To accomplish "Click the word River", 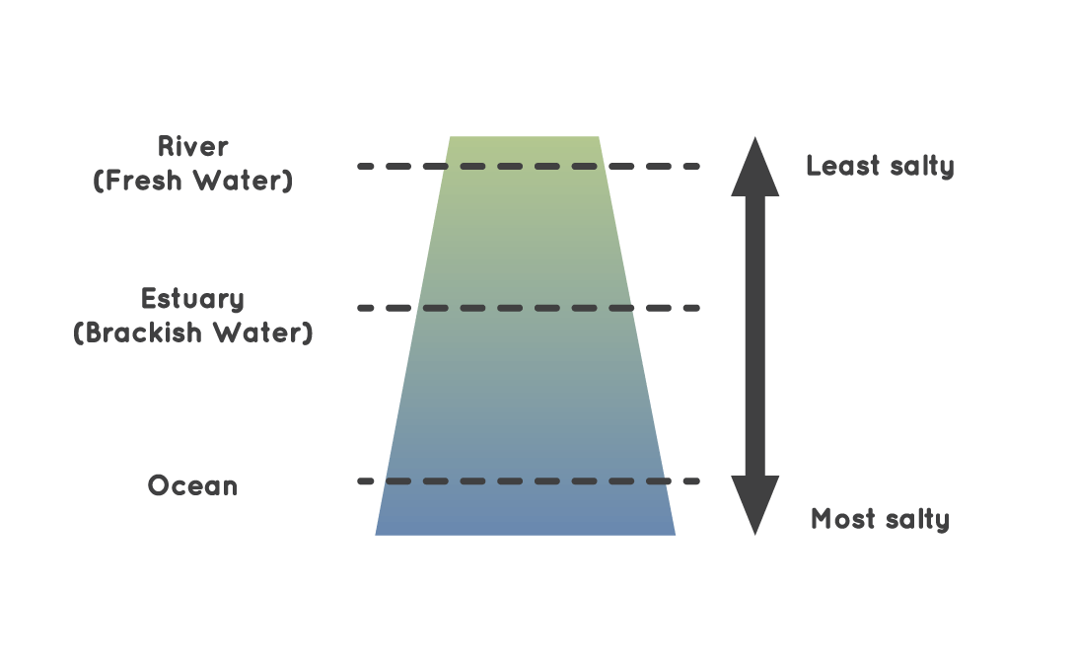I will (x=193, y=147).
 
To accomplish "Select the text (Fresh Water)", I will (x=193, y=182).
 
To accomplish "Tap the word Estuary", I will (x=193, y=299).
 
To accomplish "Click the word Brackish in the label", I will (x=152, y=332).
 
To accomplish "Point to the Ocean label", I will (x=193, y=486).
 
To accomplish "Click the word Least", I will (x=842, y=165).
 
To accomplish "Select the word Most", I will (x=844, y=518).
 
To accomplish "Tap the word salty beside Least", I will (x=920, y=167).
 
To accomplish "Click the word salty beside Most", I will (x=917, y=520).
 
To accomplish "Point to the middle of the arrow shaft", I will (x=754, y=335).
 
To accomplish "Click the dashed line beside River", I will (x=529, y=167).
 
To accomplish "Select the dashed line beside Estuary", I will (x=529, y=308).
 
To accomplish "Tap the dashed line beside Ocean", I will (x=529, y=481).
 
